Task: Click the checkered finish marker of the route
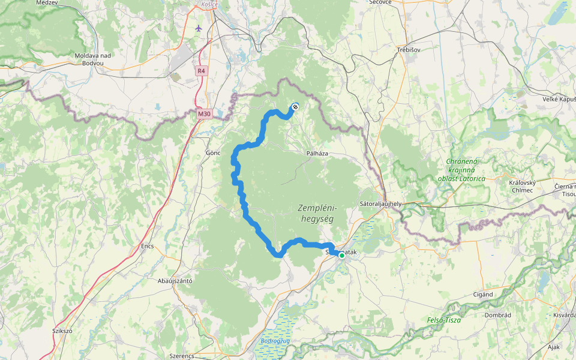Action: tap(295, 107)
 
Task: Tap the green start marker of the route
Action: tap(342, 256)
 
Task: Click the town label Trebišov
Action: tap(408, 50)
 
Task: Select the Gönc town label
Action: tap(214, 152)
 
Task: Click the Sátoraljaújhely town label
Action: tap(380, 203)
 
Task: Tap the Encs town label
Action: tap(147, 246)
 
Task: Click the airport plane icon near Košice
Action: tap(199, 28)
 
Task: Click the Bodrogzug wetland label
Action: tap(275, 341)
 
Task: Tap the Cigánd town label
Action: tap(482, 295)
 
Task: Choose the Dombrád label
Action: tap(498, 314)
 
